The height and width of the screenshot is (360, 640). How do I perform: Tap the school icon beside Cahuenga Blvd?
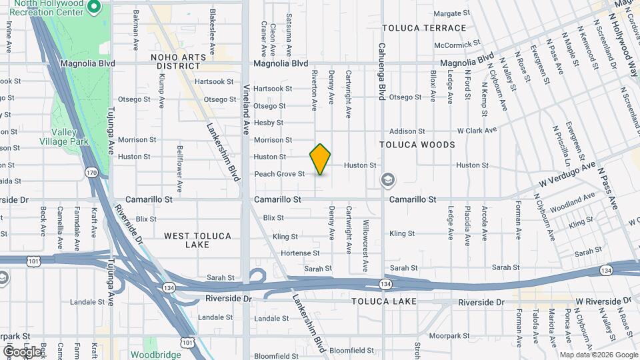coord(387,180)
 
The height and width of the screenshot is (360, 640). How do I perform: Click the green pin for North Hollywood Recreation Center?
coord(94,7)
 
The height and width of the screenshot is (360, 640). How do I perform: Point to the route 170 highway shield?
coord(91,173)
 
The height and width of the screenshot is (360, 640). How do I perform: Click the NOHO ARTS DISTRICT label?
coord(178,62)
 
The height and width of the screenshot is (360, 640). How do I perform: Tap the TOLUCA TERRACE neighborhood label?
coord(424,28)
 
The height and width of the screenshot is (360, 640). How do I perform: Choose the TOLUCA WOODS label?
coord(417,145)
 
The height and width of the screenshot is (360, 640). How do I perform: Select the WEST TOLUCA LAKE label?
coord(197,240)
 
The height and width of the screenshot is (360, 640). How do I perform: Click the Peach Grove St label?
coord(279,174)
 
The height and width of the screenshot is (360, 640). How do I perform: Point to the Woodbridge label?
coord(155,355)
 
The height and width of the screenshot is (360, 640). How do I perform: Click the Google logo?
coord(22,351)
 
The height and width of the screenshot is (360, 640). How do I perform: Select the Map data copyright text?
coord(597,355)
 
